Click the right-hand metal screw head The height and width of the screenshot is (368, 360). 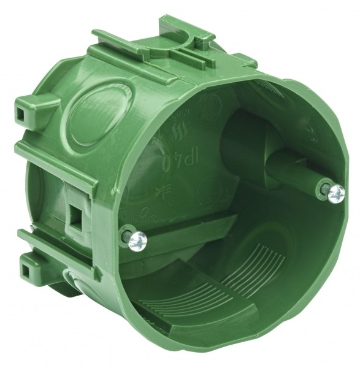coord(336,193)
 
